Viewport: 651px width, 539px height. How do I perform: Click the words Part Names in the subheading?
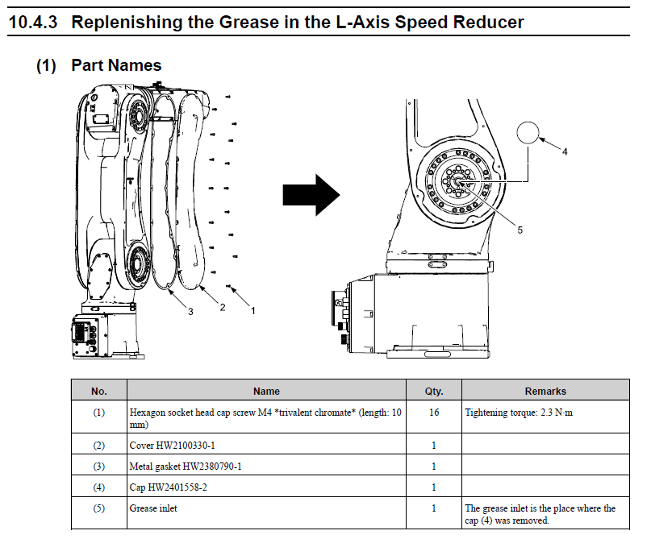pyautogui.click(x=116, y=65)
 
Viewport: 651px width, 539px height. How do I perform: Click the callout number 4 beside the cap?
pyautogui.click(x=565, y=151)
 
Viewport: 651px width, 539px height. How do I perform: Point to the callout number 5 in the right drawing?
pyautogui.click(x=520, y=230)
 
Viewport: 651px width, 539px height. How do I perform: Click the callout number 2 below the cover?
pyautogui.click(x=223, y=306)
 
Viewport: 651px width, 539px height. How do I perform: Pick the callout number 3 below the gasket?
pyautogui.click(x=190, y=312)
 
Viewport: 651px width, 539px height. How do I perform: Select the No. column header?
pyautogui.click(x=98, y=392)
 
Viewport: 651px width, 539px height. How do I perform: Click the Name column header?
pyautogui.click(x=266, y=392)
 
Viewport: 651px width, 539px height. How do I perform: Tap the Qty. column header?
pyautogui.click(x=434, y=392)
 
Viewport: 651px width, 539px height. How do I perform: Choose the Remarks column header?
pyautogui.click(x=545, y=392)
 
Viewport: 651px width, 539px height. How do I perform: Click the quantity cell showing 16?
pyautogui.click(x=434, y=412)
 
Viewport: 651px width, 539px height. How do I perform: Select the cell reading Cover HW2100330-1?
pyautogui.click(x=173, y=445)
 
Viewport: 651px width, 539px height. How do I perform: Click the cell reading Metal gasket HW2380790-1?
pyautogui.click(x=186, y=466)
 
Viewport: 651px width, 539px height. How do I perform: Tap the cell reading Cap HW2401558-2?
pyautogui.click(x=168, y=487)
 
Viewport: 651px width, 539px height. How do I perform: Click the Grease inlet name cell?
pyautogui.click(x=153, y=508)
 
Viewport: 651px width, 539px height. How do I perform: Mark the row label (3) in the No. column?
pyautogui.click(x=98, y=466)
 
